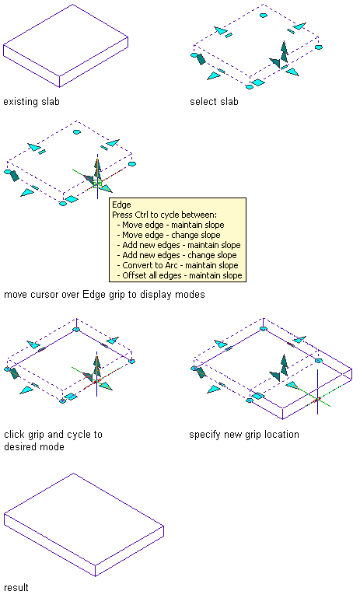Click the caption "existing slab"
[x=31, y=102]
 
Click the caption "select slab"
[x=214, y=102]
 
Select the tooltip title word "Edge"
[x=121, y=205]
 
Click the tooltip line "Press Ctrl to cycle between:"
[x=164, y=215]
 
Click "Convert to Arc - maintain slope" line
[x=180, y=265]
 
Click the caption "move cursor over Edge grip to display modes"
[x=104, y=295]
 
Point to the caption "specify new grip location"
[x=244, y=435]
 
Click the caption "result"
[x=16, y=587]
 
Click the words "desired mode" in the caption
[x=34, y=446]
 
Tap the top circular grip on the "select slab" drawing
[x=264, y=16]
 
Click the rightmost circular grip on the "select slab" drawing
[x=319, y=47]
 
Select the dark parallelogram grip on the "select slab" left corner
[x=201, y=59]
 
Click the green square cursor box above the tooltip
[x=97, y=184]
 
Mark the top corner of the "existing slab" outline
[x=72, y=5]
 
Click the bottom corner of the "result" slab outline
[x=95, y=576]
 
